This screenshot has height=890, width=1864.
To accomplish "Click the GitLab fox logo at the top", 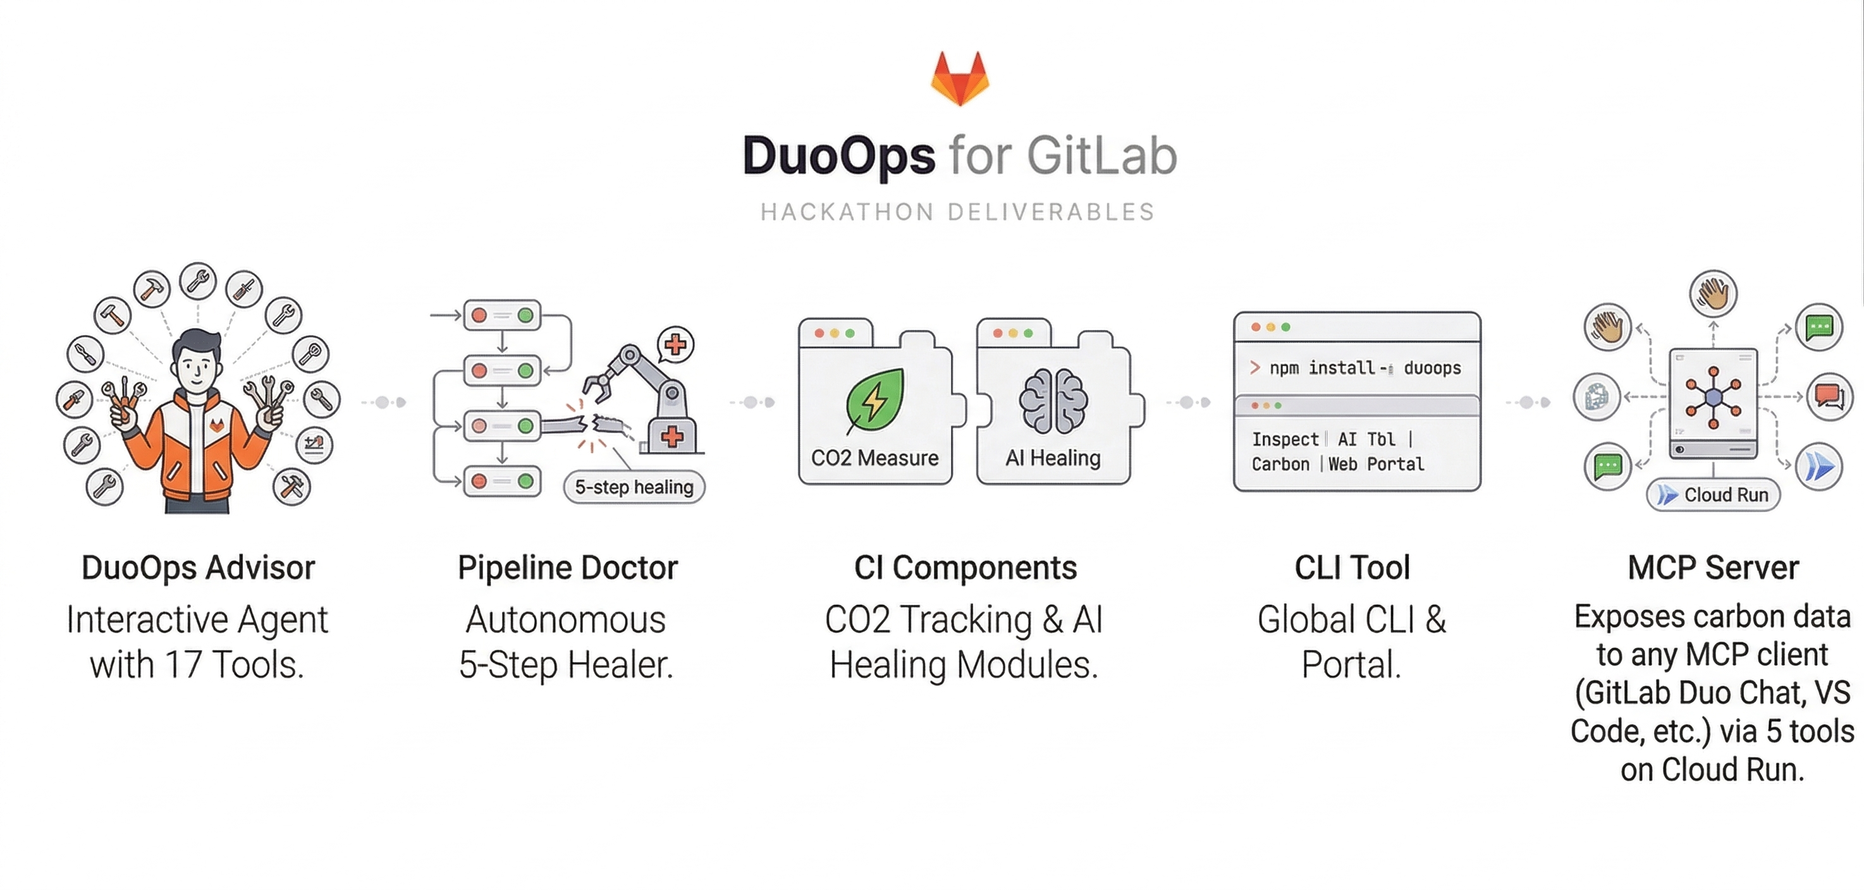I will coord(959,78).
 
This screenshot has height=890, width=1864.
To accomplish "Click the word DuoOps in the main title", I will coord(838,156).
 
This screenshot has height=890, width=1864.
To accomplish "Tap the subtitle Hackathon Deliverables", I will coord(957,212).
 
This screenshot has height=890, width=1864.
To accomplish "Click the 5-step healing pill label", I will coord(634,487).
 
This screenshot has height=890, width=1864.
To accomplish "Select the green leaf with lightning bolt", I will coord(876,400).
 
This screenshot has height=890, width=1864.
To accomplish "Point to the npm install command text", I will coord(1364,369).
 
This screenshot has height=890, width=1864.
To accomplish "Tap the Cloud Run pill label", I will coord(1713,495).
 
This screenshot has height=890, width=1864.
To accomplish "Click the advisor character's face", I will coord(196,365).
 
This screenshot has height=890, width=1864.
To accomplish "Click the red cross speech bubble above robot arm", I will coord(675,344).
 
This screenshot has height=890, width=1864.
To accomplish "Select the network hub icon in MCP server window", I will coord(1713,397).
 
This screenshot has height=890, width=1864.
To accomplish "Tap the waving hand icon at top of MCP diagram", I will coord(1713,294).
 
